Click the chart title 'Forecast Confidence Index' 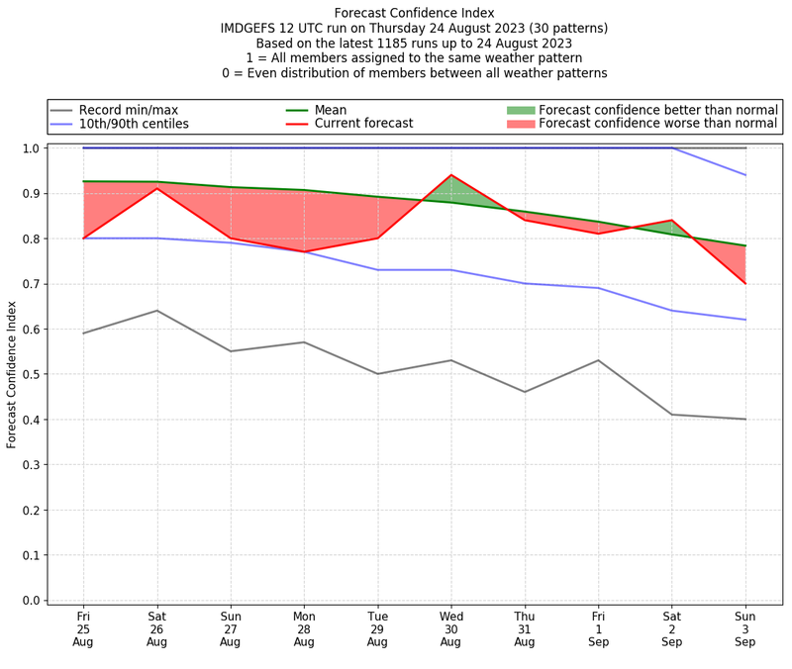pos(414,13)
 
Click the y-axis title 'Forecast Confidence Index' pos(13,374)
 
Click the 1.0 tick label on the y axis pos(34,148)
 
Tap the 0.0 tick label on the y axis pos(34,601)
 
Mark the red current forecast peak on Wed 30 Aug pos(451,175)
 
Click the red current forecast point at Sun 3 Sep pos(745,284)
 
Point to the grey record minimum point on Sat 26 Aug pos(157,311)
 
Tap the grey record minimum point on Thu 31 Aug pos(525,392)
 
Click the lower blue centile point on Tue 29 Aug pos(377,270)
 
